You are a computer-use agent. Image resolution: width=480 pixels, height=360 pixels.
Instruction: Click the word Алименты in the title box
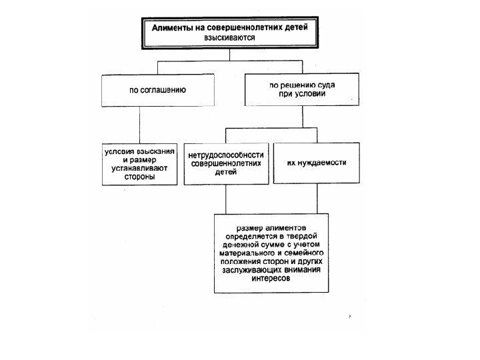[x=174, y=29]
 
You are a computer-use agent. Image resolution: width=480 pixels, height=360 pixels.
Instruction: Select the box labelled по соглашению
[x=157, y=90]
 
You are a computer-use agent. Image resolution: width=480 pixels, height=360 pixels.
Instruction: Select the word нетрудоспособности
[x=227, y=154]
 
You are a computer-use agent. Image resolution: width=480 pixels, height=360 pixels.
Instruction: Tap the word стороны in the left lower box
[x=139, y=178]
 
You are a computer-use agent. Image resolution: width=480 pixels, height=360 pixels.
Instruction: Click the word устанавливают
[x=141, y=169]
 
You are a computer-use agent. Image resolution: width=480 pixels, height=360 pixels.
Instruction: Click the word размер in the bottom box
[x=237, y=228]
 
